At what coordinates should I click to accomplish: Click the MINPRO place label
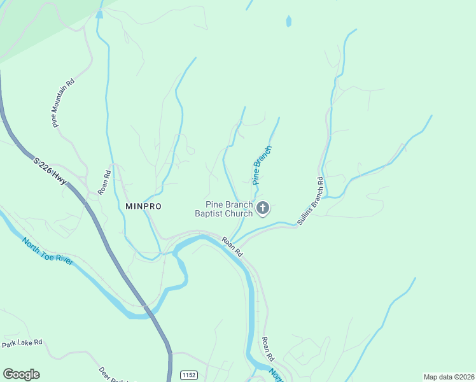143,206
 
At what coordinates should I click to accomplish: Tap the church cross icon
263,208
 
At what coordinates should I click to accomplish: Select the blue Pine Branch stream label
262,166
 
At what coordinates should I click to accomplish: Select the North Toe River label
48,251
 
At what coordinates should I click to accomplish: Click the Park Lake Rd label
22,343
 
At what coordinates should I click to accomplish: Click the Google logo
21,374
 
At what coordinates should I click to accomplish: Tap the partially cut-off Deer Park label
114,375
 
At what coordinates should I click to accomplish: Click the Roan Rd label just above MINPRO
104,181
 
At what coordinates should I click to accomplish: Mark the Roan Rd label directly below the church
232,246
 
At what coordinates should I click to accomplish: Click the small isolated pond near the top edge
289,22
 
